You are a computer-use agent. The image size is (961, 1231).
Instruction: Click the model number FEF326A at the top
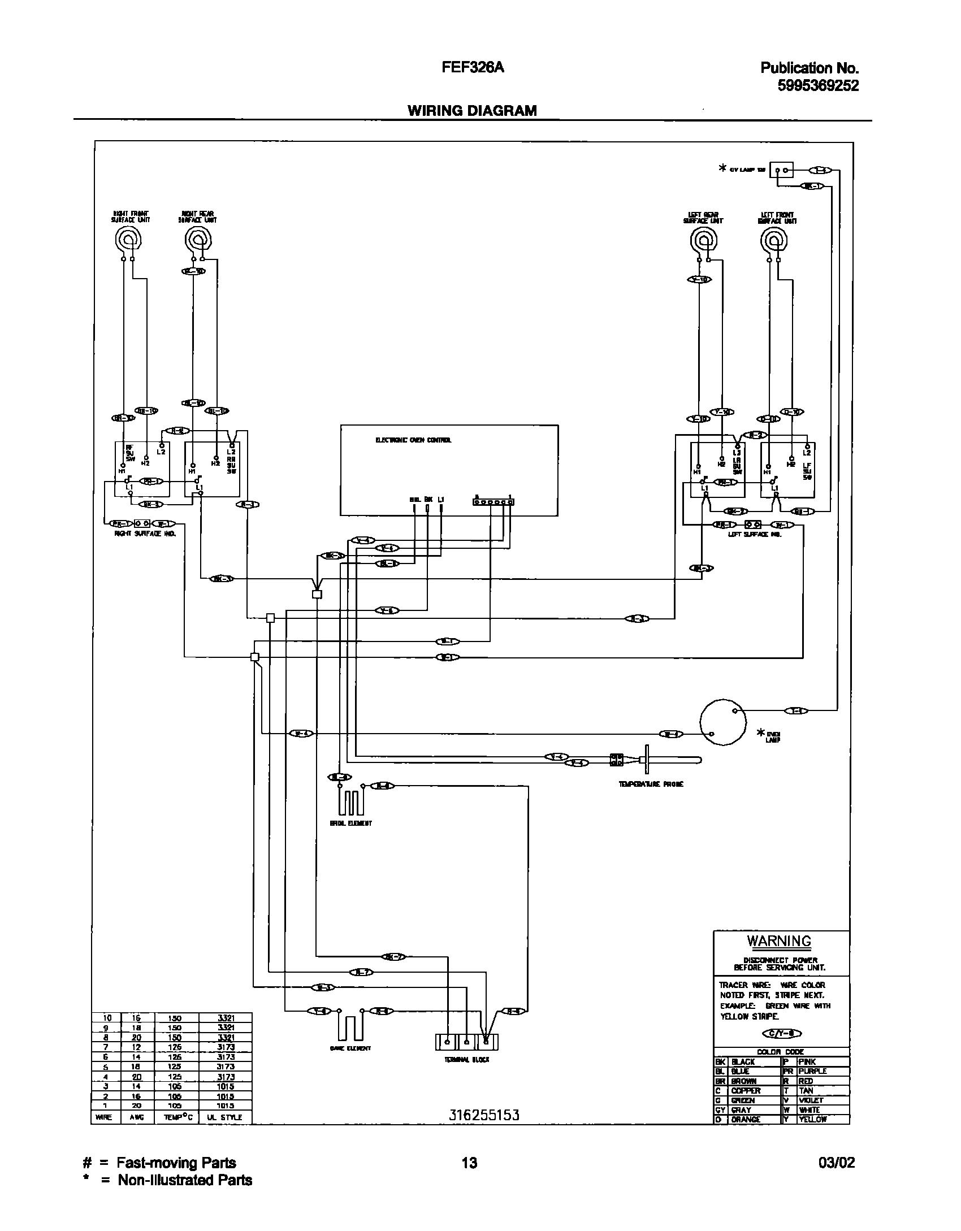pos(472,68)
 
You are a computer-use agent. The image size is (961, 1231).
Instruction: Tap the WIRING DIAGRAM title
pos(472,111)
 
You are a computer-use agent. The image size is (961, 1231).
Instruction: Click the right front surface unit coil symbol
pos(129,240)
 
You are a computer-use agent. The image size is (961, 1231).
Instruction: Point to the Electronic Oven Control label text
pos(413,440)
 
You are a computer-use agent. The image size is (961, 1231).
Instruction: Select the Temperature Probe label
pos(651,784)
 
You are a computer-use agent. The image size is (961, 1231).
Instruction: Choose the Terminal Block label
pos(466,1059)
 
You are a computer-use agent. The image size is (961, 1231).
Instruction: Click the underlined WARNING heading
pos(779,941)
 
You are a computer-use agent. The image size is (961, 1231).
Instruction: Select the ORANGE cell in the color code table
pos(746,1119)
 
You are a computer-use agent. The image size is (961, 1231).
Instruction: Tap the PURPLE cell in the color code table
pos(813,1071)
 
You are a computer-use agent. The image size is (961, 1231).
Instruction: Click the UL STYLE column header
pos(225,1117)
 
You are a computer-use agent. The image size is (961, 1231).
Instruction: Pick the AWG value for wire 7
pos(136,1047)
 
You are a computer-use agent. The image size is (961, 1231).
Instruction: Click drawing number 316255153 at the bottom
pos(483,1115)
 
